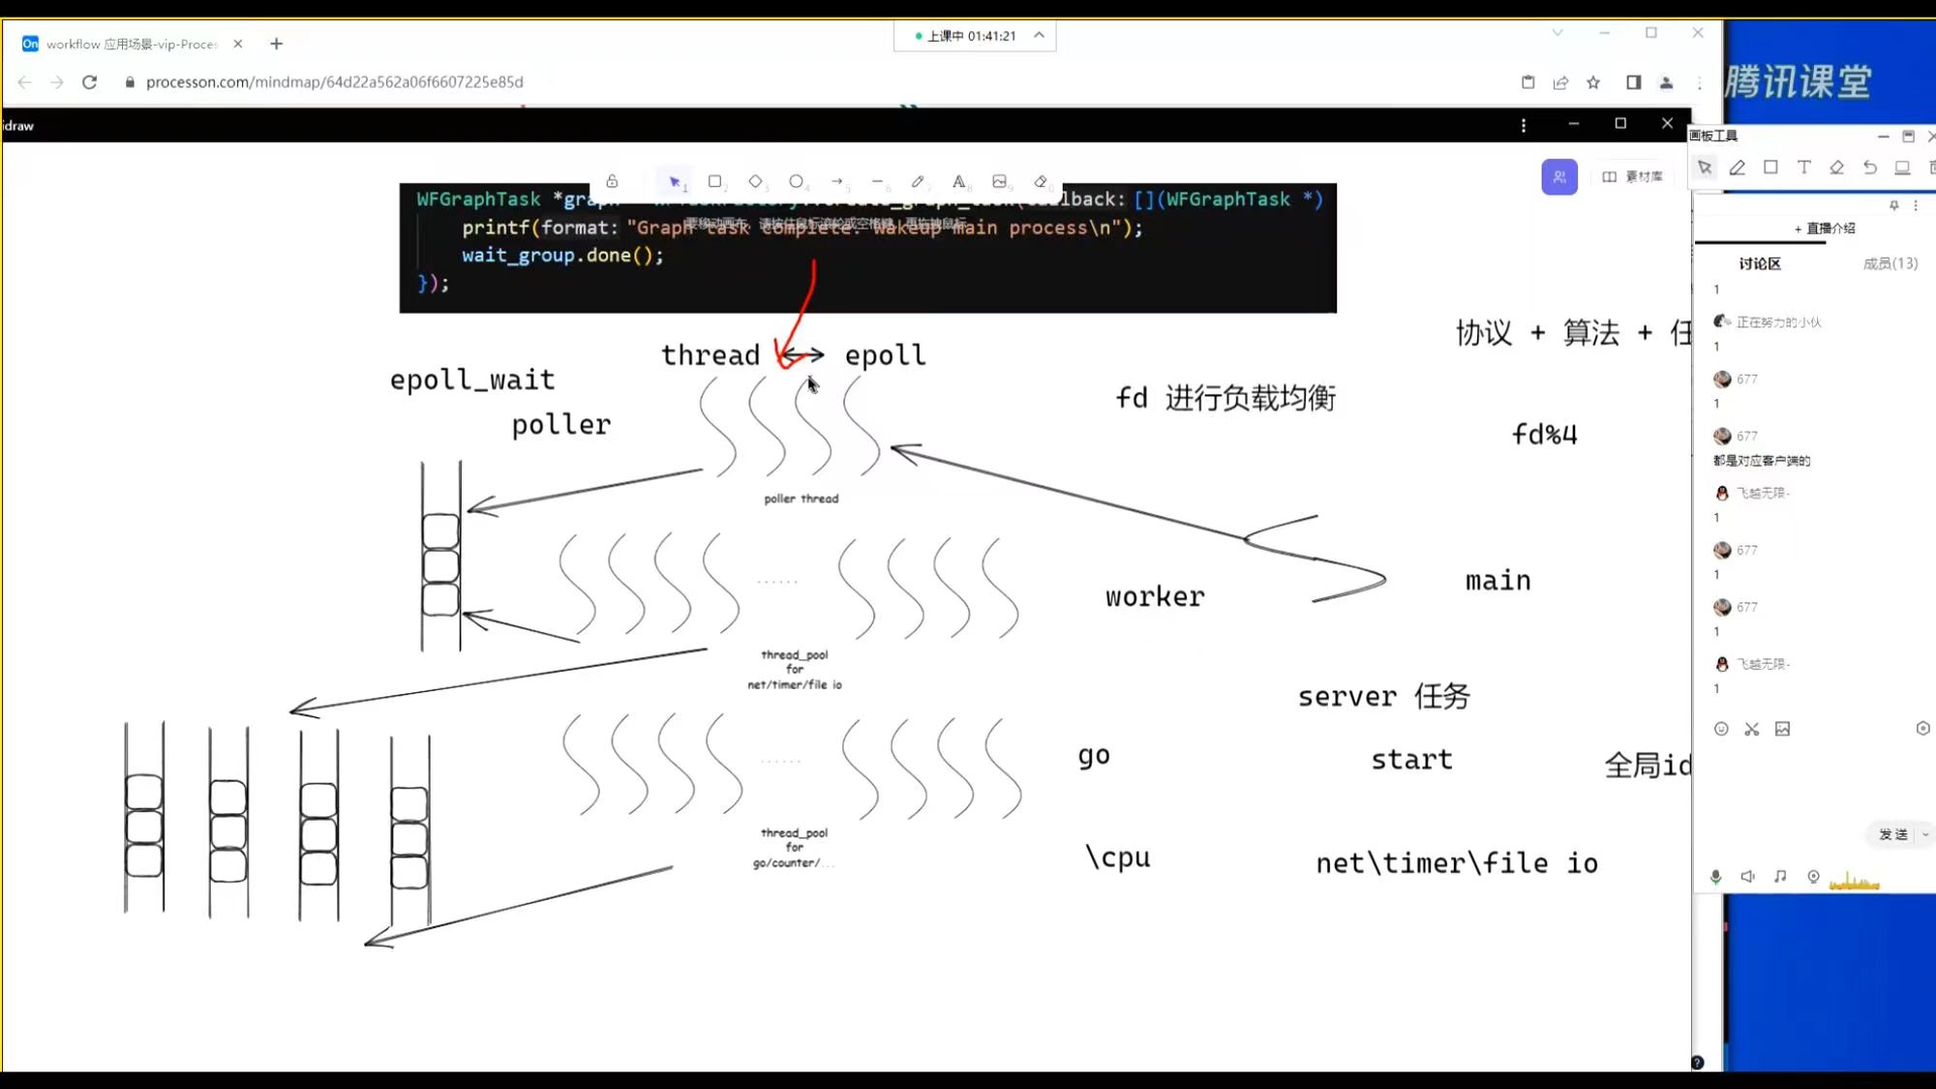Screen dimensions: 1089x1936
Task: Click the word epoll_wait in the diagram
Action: coord(472,379)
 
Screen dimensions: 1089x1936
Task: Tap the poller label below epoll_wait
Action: coord(561,425)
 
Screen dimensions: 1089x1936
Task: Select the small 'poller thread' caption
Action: coord(802,499)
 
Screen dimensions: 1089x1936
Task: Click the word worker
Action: coord(1155,596)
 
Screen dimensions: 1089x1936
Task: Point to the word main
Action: coord(1497,581)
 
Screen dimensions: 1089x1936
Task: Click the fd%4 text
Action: coord(1545,435)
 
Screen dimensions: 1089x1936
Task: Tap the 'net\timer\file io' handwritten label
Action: coord(1457,863)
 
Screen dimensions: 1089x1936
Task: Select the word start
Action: coord(1411,760)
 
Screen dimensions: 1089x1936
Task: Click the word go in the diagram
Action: coord(1094,756)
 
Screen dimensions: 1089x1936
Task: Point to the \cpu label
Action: coord(1118,858)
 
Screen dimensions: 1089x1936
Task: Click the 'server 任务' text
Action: coord(1384,696)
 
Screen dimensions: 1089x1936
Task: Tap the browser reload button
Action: coord(90,82)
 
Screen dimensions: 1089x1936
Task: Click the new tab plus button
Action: coord(277,44)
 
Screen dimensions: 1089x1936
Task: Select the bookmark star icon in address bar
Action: coord(1593,82)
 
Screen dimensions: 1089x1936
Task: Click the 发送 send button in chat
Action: coord(1893,834)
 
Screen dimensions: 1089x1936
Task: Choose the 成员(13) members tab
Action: coord(1890,263)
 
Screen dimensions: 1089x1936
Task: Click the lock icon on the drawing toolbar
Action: coord(612,181)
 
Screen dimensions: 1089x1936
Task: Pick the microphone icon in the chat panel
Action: coord(1715,877)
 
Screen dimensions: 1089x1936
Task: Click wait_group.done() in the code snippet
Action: coord(562,256)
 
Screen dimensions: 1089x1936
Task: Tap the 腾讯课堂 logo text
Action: coord(1798,82)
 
